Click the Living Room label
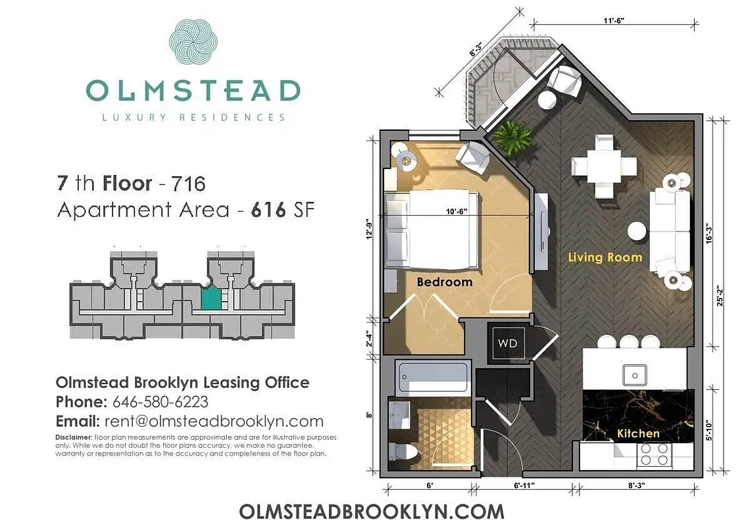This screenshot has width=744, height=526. [x=605, y=257]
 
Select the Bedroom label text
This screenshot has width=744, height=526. [x=445, y=282]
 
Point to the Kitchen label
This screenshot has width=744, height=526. [x=638, y=433]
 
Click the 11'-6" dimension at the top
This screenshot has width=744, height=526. [x=612, y=20]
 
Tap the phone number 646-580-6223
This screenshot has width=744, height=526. [x=160, y=402]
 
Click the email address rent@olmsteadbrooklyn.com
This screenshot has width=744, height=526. [x=212, y=421]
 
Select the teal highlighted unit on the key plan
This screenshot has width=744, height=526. [x=211, y=300]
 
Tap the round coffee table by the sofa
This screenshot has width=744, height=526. [x=636, y=231]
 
